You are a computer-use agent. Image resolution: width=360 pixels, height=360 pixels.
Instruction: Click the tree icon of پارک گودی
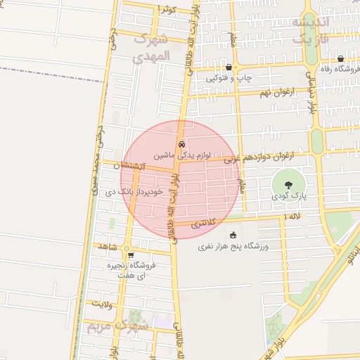tap(289, 184)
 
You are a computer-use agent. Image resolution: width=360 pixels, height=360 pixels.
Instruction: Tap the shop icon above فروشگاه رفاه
tap(341, 59)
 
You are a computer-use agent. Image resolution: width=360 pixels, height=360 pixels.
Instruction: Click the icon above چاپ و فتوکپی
tap(229, 67)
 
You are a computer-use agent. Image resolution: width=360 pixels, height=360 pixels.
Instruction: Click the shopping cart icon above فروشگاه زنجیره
tap(131, 255)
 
